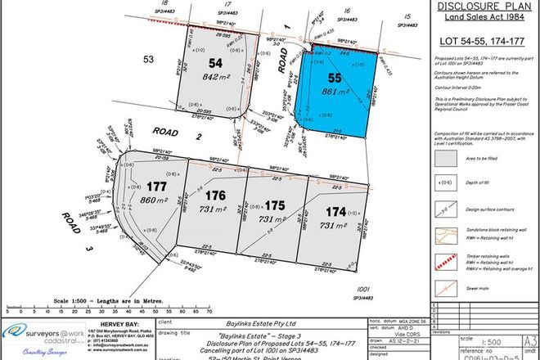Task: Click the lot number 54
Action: (x=215, y=63)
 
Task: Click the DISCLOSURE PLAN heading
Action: (x=484, y=9)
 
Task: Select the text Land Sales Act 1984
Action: (x=483, y=23)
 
